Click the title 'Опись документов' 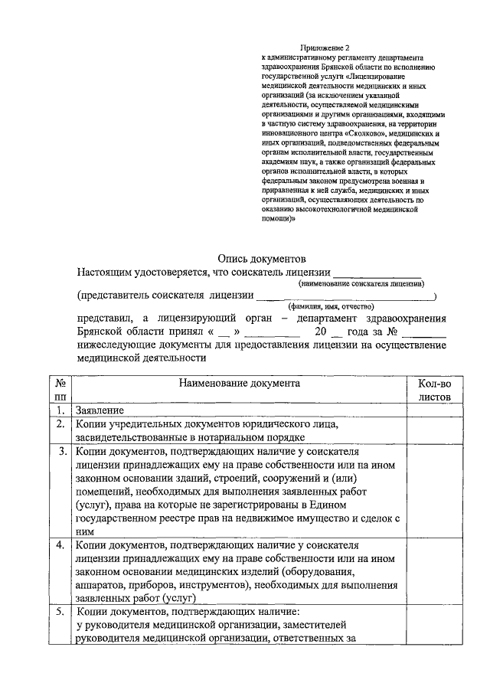[x=262, y=259]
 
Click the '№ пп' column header [x=60, y=390]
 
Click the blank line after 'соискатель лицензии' [x=377, y=271]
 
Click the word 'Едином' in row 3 [x=331, y=505]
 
